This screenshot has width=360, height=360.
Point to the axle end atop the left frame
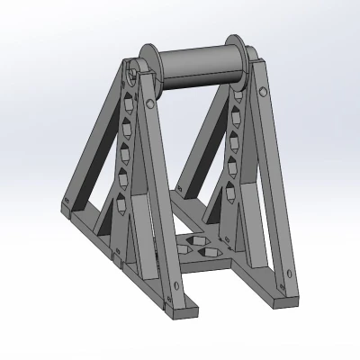click(132, 68)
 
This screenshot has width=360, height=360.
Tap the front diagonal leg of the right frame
click(273, 180)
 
